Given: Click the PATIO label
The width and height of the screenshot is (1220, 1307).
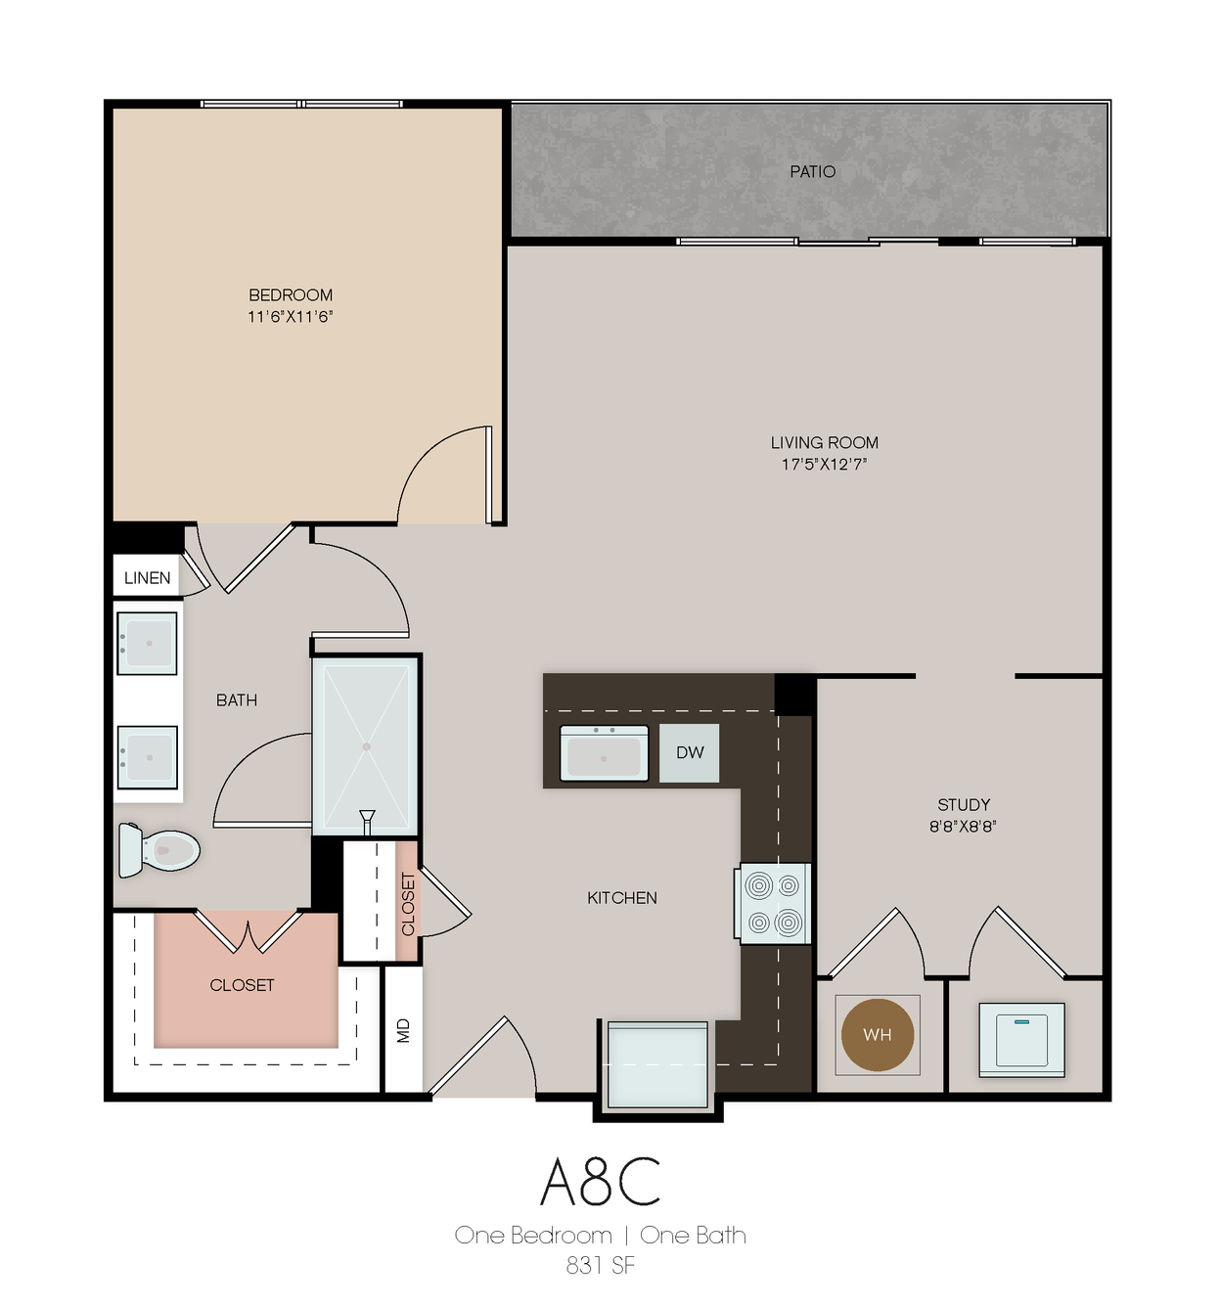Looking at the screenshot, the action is coord(812,172).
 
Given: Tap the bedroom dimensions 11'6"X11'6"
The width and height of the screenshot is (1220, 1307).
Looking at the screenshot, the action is coord(290,317).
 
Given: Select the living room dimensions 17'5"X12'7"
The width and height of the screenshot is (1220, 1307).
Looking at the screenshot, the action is coord(824,465).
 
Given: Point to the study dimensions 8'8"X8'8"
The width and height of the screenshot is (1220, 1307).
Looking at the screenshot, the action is coord(963,826).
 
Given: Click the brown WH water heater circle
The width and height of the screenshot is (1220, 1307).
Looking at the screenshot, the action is coord(877,1034).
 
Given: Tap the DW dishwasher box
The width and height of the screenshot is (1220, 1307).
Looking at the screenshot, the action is coord(689,753).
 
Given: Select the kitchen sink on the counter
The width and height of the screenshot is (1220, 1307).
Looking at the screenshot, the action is coord(604,753).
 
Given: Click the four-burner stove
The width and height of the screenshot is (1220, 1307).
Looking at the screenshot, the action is coord(772,904).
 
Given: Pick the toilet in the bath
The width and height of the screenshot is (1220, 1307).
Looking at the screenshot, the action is coord(158,849).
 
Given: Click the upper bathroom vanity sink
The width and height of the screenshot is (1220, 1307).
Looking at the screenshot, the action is coord(147,643).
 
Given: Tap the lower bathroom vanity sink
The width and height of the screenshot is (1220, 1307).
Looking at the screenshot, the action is coord(147,757).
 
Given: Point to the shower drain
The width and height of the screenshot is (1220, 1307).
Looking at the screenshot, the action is coord(366,746).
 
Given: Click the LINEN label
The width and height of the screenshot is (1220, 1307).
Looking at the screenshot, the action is coord(148,578).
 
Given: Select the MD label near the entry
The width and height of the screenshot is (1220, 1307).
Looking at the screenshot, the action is coord(403,1030).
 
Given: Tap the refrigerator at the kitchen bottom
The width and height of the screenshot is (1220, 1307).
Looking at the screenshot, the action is coord(657,1064).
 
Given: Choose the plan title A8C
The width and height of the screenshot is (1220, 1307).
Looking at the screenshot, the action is coord(600,1182).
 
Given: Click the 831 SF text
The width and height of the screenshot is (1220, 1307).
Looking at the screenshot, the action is coord(600,1266).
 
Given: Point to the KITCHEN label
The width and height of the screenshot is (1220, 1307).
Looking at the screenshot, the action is coord(621,898).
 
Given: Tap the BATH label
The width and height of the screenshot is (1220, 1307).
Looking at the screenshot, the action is coord(237,700).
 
